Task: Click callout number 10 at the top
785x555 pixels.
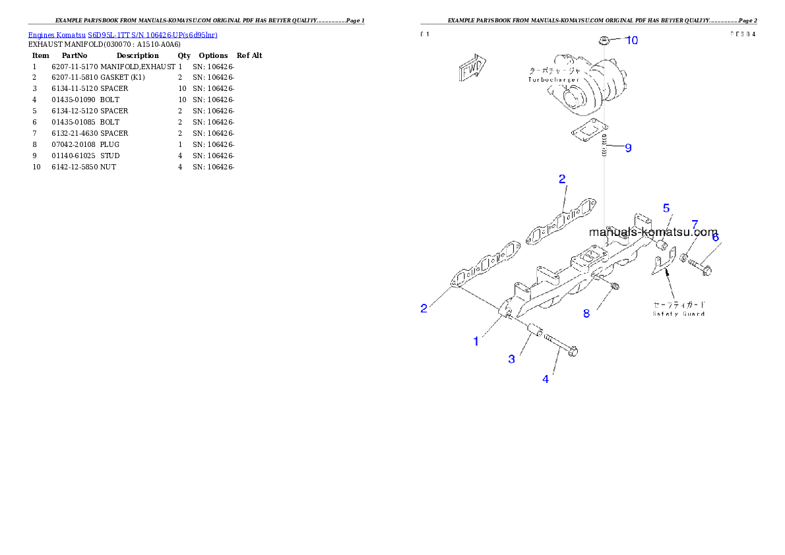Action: point(631,40)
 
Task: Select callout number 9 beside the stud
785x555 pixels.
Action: point(628,148)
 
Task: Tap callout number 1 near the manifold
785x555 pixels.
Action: point(476,341)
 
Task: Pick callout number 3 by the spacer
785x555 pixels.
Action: point(511,359)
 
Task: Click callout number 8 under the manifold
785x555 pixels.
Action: point(586,314)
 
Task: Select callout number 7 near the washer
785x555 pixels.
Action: point(695,225)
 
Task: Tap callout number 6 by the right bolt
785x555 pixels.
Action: point(715,237)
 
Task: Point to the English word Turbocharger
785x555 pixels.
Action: point(553,80)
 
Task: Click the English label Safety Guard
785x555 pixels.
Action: point(679,314)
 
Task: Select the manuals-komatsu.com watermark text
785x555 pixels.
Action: point(653,232)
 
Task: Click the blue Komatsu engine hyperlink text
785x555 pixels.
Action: point(123,34)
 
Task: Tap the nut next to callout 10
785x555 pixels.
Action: point(604,41)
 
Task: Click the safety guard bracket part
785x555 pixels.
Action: point(662,265)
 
